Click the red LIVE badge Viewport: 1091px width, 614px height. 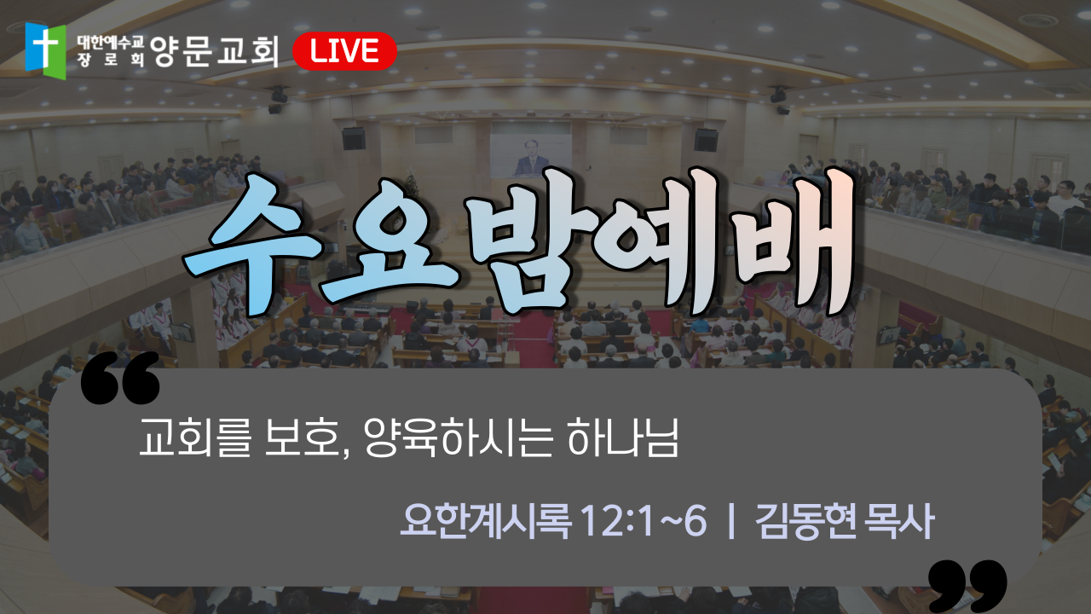click(345, 51)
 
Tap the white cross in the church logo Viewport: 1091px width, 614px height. click(45, 47)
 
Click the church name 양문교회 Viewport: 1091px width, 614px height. click(215, 51)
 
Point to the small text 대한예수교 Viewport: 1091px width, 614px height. click(111, 43)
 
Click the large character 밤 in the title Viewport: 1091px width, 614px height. click(528, 239)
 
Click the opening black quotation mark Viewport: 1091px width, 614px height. click(120, 378)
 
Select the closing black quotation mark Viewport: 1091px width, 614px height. click(967, 586)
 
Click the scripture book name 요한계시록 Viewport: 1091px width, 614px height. click(485, 521)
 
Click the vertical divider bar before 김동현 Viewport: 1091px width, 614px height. click(730, 521)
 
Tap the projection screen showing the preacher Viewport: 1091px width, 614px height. click(530, 155)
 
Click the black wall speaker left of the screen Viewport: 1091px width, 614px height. click(354, 139)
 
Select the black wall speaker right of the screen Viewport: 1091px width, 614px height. click(706, 141)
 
